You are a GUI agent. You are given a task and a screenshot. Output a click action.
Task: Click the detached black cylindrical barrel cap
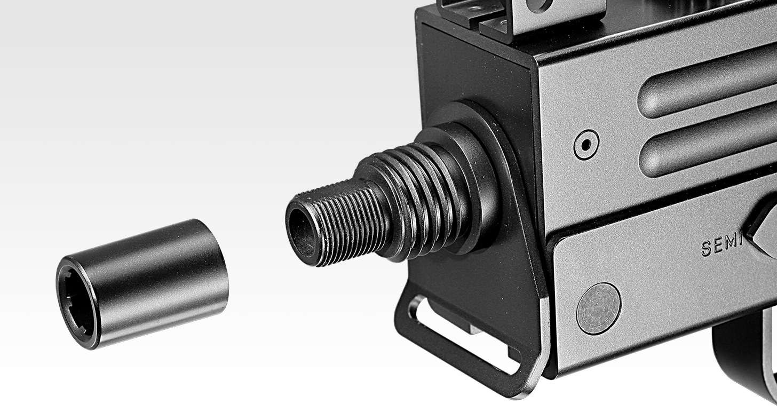point(142,284)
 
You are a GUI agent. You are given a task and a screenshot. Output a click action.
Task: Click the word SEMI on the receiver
point(722,246)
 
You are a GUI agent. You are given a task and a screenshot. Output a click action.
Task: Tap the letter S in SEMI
point(706,249)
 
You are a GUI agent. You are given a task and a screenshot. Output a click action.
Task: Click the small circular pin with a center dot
point(586,145)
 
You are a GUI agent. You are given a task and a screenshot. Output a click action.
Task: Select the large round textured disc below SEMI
point(599,308)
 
